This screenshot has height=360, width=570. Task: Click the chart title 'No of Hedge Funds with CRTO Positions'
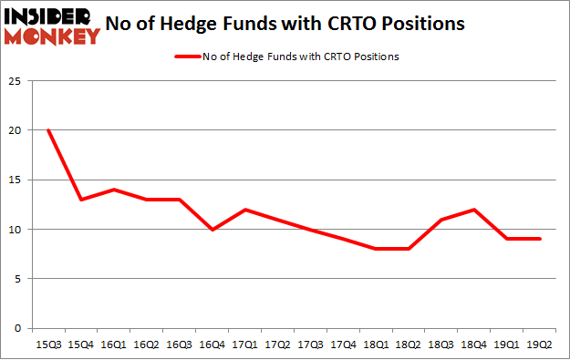tap(297, 23)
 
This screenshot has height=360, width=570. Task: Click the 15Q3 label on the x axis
tap(48, 345)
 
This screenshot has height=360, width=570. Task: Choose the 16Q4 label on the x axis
tap(212, 345)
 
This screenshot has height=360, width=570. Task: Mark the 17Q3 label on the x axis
tap(311, 345)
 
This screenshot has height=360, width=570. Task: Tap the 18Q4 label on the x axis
tap(475, 345)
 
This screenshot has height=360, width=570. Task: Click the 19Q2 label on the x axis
tap(541, 345)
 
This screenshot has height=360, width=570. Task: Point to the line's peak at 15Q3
tap(48, 130)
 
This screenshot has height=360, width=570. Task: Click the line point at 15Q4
tap(81, 200)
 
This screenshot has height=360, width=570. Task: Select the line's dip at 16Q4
tap(212, 229)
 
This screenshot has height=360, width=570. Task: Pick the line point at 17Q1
tap(245, 210)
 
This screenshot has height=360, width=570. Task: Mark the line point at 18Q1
tap(377, 249)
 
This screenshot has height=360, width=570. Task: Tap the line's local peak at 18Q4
tap(475, 210)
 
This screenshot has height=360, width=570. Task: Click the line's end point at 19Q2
tap(541, 239)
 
